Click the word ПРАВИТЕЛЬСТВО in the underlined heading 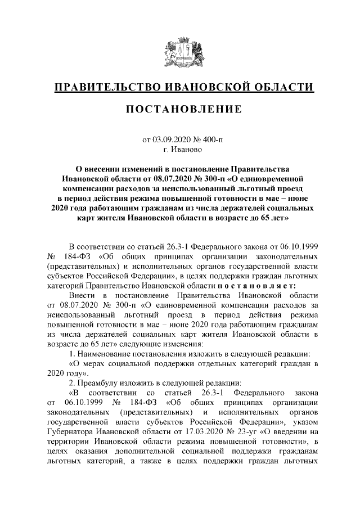(105, 87)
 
